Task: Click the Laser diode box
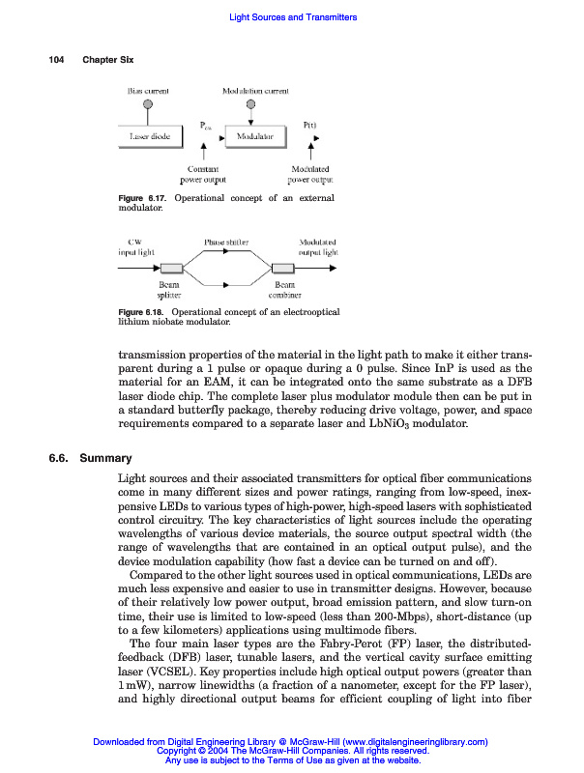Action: pos(150,137)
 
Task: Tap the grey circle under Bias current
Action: pos(148,104)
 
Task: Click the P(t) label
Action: pos(311,125)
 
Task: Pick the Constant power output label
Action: pos(202,174)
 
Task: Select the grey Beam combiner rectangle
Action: pos(283,268)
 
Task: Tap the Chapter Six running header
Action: pos(107,60)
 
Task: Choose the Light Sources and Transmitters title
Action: pos(292,17)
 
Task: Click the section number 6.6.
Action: pos(60,458)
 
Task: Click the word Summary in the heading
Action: pos(105,458)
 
